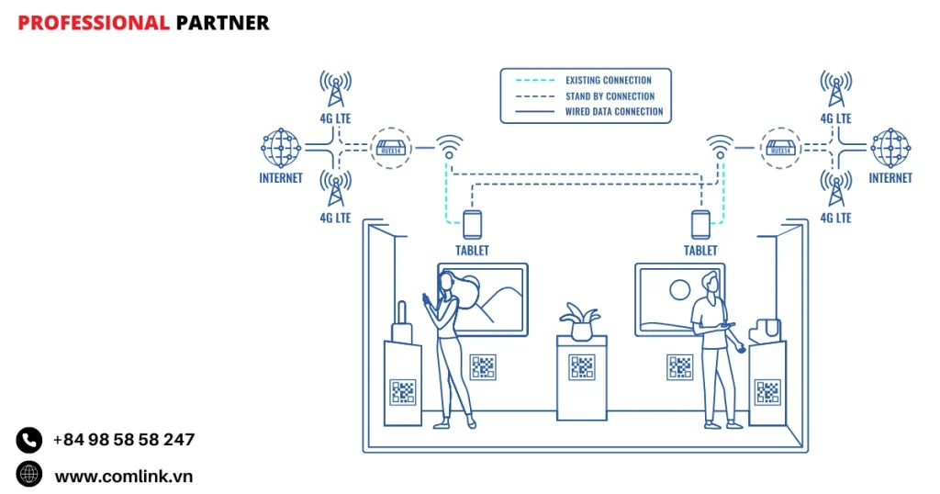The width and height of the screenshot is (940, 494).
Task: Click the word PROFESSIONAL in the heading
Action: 93,23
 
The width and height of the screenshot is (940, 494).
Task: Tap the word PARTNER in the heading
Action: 222,23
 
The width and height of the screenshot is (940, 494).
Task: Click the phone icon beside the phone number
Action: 29,441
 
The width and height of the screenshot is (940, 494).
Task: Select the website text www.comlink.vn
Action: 123,476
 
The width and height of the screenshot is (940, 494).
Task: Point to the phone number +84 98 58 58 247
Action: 123,440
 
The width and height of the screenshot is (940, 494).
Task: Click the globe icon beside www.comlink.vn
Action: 29,474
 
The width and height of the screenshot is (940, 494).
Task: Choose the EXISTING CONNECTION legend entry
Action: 608,81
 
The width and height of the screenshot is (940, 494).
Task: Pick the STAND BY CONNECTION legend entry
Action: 610,96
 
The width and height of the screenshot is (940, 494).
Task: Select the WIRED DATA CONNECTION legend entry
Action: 613,112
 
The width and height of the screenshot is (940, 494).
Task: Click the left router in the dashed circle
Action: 391,147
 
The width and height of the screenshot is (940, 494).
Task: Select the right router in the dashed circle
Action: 779,147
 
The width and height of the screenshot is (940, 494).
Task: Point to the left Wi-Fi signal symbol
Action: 449,145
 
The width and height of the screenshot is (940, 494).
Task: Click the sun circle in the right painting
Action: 680,290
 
